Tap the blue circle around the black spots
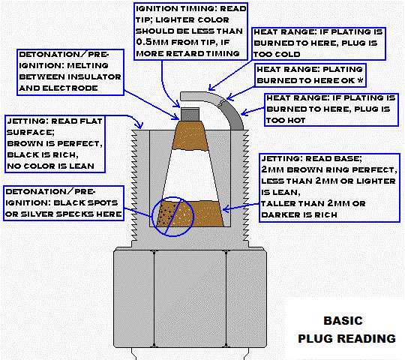(x=172, y=214)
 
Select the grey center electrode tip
(x=190, y=113)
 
